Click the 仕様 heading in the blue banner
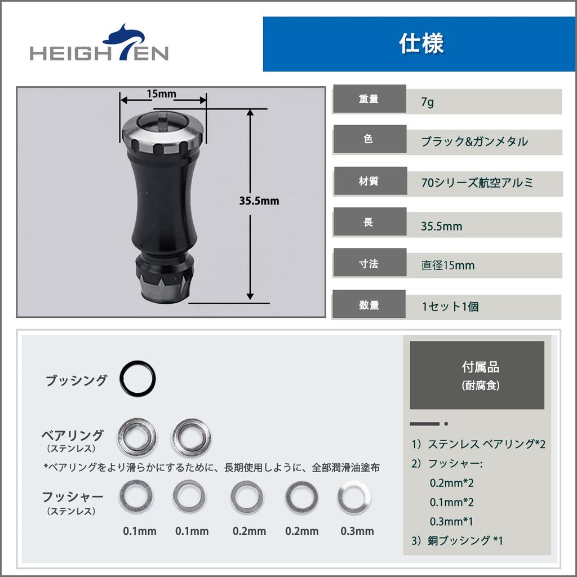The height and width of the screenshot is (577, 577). click(x=421, y=44)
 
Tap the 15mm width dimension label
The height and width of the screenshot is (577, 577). click(x=161, y=94)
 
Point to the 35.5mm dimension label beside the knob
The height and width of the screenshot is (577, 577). click(x=259, y=201)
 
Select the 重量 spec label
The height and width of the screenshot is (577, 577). click(x=369, y=99)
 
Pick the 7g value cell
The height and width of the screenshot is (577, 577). click(x=428, y=103)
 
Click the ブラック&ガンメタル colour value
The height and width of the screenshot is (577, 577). click(x=474, y=141)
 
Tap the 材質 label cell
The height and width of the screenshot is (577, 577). click(x=369, y=181)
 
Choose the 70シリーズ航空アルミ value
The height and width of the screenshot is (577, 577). click(x=477, y=183)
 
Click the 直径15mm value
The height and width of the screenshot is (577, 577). click(x=448, y=265)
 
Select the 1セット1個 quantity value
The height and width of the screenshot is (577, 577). click(x=450, y=307)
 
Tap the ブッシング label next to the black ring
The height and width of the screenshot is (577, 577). click(x=76, y=380)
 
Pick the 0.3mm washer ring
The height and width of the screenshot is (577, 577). click(x=354, y=497)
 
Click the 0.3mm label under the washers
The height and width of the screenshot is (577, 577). click(x=357, y=531)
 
